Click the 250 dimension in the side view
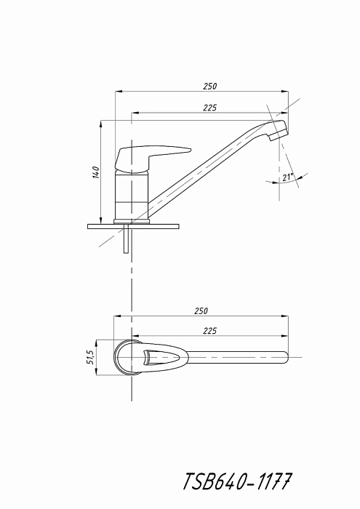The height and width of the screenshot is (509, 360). [210, 87]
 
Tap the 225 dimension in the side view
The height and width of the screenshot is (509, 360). [210, 108]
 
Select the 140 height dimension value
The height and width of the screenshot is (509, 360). [95, 172]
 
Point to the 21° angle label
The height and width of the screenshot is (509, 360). [287, 177]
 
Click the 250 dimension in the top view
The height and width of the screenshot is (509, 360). [201, 310]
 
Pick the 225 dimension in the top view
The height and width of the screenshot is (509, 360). [209, 331]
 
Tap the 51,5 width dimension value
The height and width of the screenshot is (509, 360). [91, 357]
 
